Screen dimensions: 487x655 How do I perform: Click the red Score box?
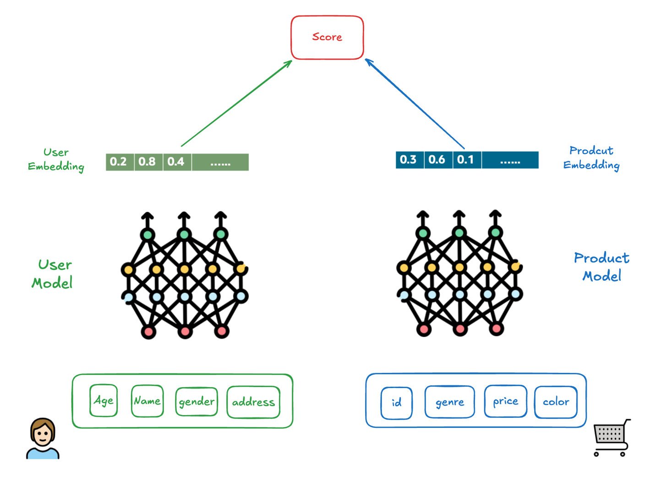tap(327, 38)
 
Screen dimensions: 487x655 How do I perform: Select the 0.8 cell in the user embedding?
tap(147, 162)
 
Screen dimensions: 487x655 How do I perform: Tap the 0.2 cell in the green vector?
tap(119, 162)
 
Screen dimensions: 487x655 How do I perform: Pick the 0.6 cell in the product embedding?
tap(437, 159)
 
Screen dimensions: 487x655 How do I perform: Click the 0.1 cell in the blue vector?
tap(466, 159)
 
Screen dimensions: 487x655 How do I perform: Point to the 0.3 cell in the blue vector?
tap(409, 159)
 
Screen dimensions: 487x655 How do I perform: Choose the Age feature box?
tap(104, 401)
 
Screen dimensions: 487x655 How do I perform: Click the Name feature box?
tap(147, 401)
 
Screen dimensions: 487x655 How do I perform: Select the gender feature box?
tap(196, 401)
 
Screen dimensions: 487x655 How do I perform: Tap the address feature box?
tap(253, 402)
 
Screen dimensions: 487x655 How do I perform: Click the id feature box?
tap(397, 403)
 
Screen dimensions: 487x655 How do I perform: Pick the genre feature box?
tap(450, 402)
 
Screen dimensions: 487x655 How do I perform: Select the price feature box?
tap(506, 401)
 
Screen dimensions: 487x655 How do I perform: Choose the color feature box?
tap(556, 402)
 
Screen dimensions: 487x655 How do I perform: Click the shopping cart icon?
tap(611, 438)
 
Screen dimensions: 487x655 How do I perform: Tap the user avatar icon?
tap(43, 438)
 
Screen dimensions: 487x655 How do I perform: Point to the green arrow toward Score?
tap(236, 104)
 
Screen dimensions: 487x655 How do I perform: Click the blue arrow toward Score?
tap(415, 104)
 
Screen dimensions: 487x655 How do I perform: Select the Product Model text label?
tap(601, 267)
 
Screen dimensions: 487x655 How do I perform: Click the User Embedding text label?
tap(56, 159)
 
